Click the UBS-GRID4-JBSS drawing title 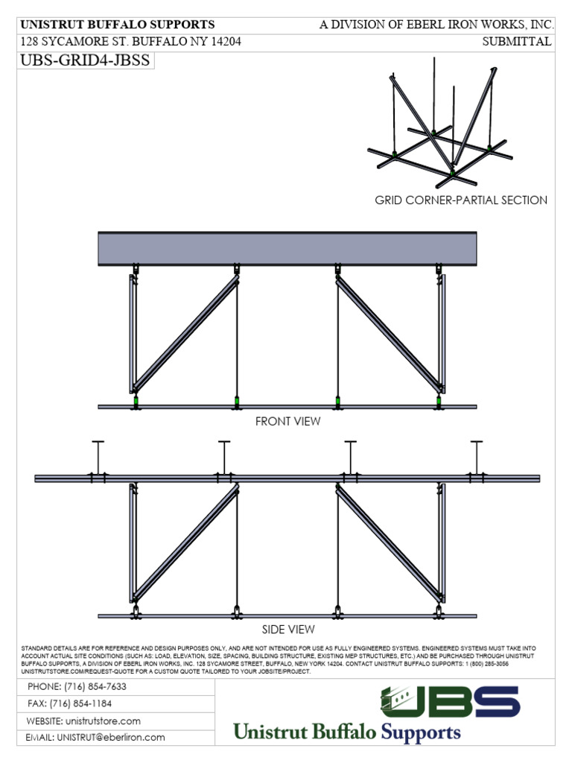(x=84, y=62)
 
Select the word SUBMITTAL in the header (x=517, y=42)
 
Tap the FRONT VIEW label (x=287, y=422)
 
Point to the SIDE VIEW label (x=287, y=630)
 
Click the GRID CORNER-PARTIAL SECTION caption (x=461, y=200)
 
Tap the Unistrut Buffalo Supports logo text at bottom (x=348, y=732)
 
